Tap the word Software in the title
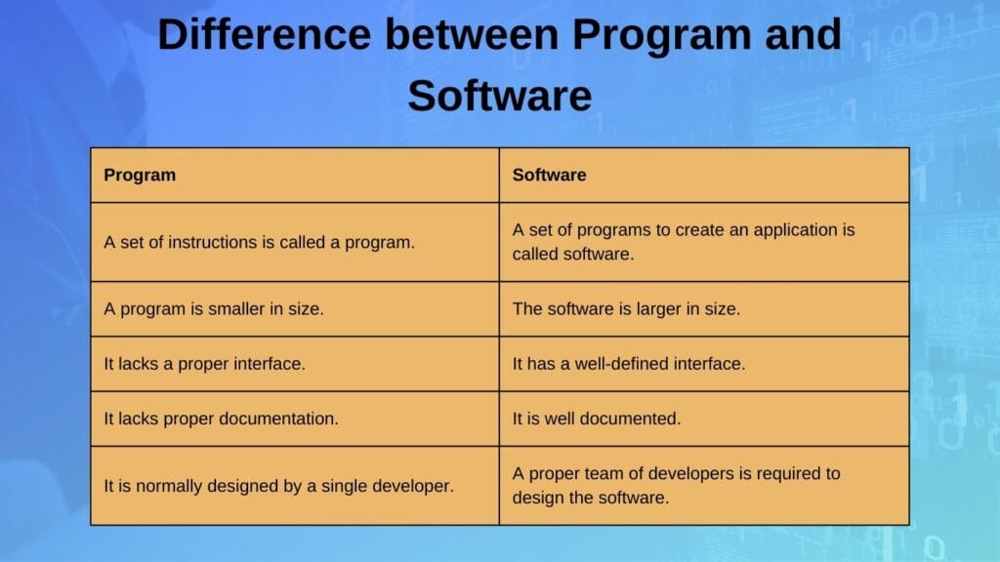pos(500,97)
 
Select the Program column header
pos(141,176)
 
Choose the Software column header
pos(550,176)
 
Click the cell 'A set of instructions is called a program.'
pos(260,242)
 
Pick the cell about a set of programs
pos(684,242)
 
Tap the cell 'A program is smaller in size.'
pos(214,308)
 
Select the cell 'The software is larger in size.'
pos(626,308)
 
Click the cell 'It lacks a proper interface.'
pos(205,364)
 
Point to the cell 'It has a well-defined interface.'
pos(629,364)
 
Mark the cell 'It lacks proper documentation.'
pos(222,419)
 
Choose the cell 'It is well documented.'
pos(597,419)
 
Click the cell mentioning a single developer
pos(279,485)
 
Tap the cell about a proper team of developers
pos(677,485)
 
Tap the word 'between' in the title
pos(471,36)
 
